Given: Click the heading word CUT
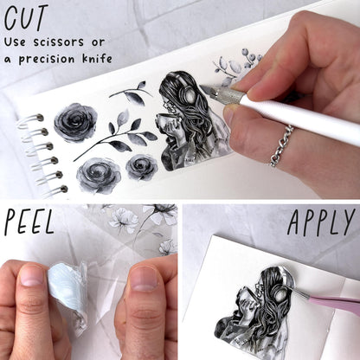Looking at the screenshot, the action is tap(26, 18).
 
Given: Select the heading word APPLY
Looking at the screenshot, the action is tap(321, 222).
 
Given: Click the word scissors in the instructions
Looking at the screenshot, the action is tap(59, 42).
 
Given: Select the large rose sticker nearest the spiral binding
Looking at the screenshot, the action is tap(75, 122).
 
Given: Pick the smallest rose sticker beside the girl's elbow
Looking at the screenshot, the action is tap(142, 167).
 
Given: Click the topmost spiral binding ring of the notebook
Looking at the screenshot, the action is tap(30, 119).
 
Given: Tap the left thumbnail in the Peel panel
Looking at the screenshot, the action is tap(32, 275).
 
